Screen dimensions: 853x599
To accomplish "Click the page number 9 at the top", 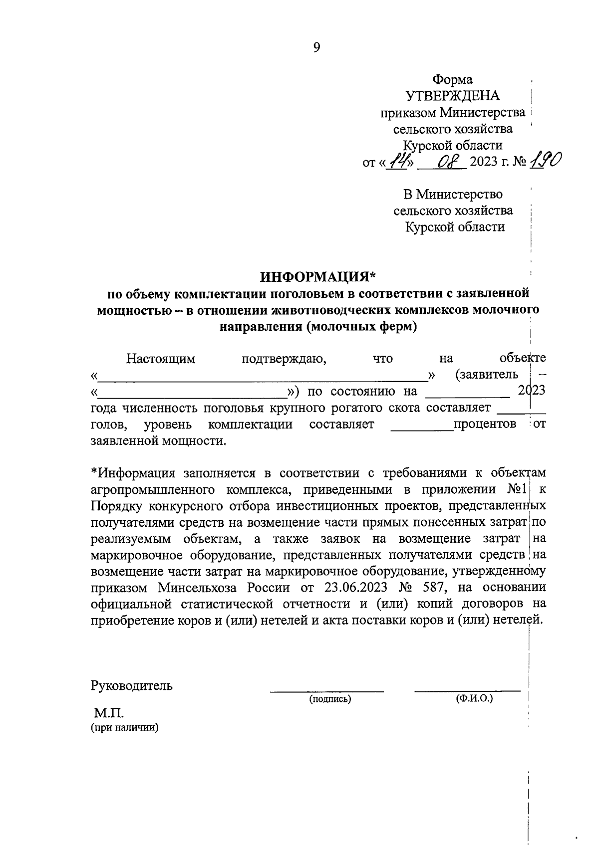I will click(316, 47).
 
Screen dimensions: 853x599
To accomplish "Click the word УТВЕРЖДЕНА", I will click(452, 96).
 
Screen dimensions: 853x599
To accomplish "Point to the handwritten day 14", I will click(398, 161).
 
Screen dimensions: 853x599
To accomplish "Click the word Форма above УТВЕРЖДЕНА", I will click(452, 79).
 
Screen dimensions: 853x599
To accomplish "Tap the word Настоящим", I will click(161, 358).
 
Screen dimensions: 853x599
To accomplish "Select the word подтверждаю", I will click(284, 358).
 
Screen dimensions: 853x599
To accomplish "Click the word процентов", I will click(484, 424).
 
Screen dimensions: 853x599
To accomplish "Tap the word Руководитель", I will click(132, 685).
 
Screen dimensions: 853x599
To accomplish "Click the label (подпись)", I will click(330, 699).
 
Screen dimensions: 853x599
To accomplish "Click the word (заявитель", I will click(486, 375).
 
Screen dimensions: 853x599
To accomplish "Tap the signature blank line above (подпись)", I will click(327, 691).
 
